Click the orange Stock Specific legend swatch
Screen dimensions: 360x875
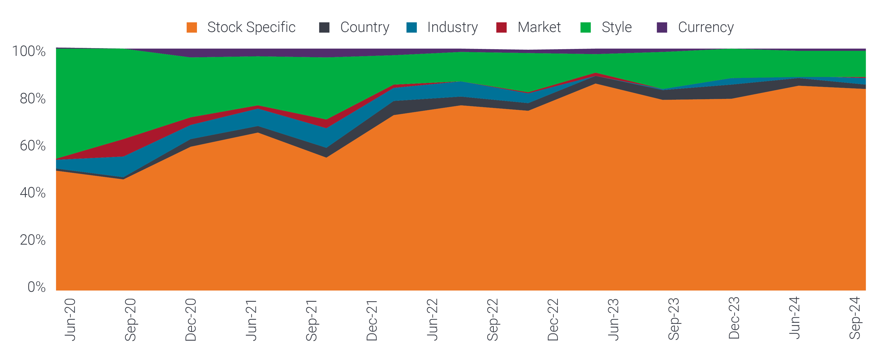pos(192,27)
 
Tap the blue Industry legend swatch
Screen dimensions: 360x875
pos(411,27)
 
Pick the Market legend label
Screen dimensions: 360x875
pos(539,27)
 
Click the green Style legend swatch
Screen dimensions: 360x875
pos(586,27)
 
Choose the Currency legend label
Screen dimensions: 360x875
pos(706,27)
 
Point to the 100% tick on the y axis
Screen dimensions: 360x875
pos(29,51)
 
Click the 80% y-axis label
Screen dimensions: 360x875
pos(33,98)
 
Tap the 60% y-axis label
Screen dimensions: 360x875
pos(33,146)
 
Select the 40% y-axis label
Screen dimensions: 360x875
pos(33,192)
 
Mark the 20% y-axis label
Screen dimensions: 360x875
pos(33,240)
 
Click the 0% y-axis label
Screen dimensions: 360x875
pos(36,287)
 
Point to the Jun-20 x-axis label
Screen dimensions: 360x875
pos(70,319)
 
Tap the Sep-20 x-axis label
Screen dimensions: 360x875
pos(131,319)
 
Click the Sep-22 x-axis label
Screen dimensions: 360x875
pos(493,319)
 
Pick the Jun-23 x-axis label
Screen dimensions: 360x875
pos(614,319)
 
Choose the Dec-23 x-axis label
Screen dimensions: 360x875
pos(734,318)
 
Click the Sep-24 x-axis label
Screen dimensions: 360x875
pos(855,318)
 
